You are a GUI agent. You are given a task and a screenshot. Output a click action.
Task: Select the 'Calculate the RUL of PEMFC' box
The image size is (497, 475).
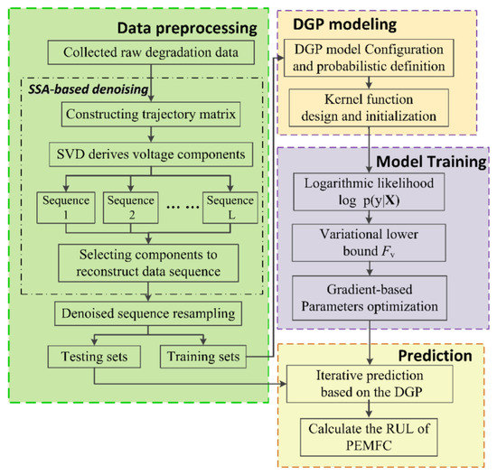click(x=372, y=433)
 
